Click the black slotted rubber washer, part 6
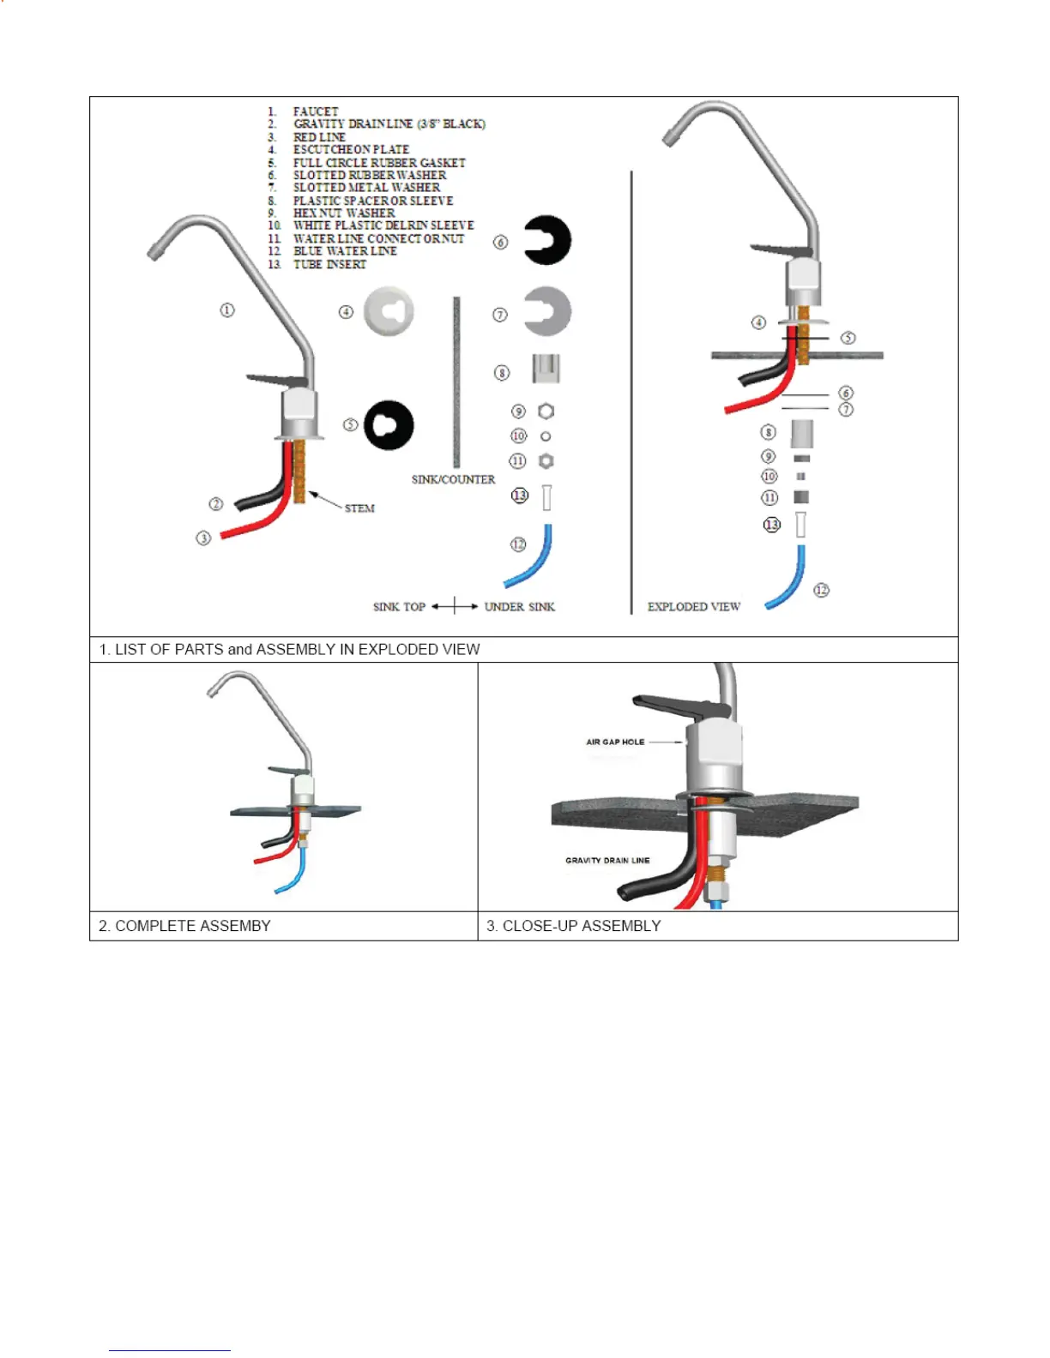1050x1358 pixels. (546, 241)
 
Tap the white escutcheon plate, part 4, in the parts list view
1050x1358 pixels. (389, 310)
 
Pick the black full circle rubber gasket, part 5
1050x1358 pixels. (389, 424)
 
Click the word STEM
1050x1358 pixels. (359, 508)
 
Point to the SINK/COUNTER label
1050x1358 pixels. (453, 479)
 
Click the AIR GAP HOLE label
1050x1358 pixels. (615, 742)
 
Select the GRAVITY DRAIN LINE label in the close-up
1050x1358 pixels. (607, 860)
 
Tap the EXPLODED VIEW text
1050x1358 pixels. (693, 607)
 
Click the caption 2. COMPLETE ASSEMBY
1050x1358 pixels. (184, 926)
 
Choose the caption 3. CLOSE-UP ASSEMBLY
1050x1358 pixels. (573, 926)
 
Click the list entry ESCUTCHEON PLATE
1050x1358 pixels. (351, 149)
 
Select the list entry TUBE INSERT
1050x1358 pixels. (329, 264)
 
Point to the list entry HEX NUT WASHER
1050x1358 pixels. (344, 213)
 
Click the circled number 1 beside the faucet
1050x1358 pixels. (227, 309)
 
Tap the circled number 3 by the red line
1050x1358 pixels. (203, 538)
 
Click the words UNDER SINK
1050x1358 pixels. (519, 607)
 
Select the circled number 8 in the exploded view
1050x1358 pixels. (769, 432)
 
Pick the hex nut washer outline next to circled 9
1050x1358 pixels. (546, 412)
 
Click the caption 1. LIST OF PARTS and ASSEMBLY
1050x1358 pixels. (289, 650)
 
